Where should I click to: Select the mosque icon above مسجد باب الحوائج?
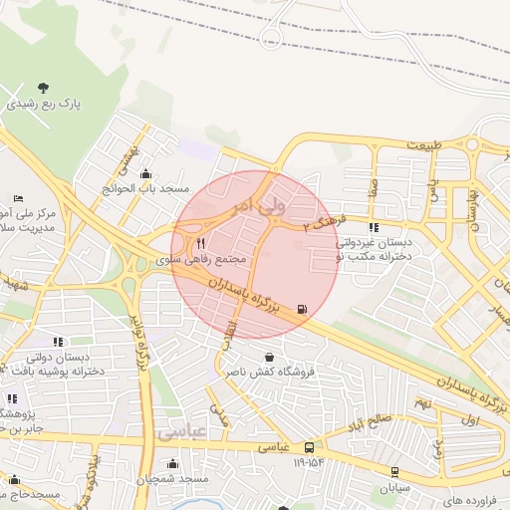(x=147, y=173)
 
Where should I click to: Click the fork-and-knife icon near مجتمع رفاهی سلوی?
(x=200, y=243)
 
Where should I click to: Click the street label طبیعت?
(x=421, y=145)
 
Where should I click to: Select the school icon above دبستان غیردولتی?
(x=375, y=226)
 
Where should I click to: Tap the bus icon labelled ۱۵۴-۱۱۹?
(x=310, y=447)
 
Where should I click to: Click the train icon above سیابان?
(x=394, y=471)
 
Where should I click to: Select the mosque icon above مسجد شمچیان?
(x=174, y=463)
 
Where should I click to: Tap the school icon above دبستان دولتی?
(x=57, y=342)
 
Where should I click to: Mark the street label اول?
(x=472, y=420)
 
